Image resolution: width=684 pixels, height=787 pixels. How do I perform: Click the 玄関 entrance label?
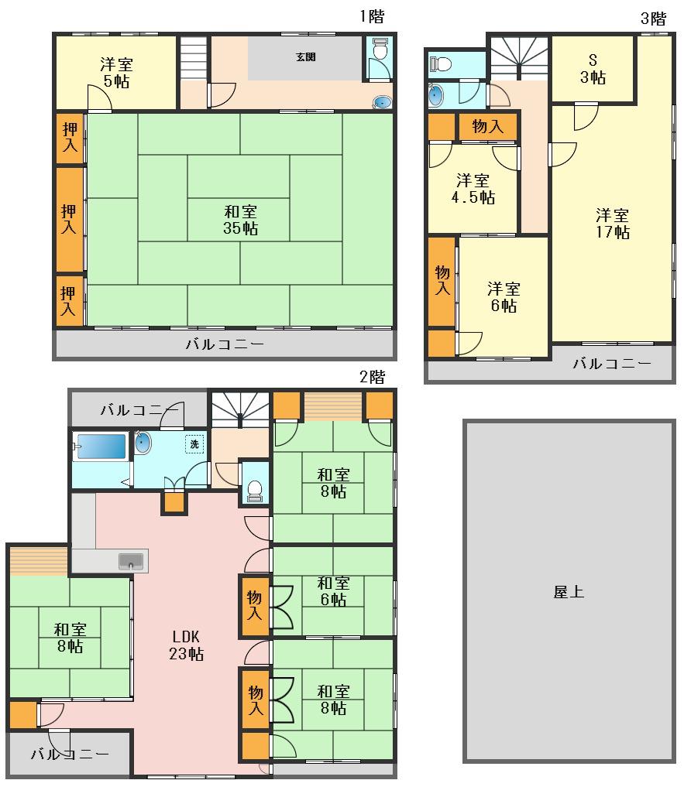305,56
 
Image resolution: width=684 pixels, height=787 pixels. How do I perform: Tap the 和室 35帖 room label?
240,220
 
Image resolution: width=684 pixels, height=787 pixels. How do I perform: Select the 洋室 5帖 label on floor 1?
116,73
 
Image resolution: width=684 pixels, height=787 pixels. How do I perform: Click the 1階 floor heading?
372,16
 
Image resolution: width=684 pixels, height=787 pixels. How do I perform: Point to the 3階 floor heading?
653,19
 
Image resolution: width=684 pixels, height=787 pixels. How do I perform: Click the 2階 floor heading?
373,376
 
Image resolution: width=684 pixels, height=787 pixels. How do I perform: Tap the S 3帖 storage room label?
593,69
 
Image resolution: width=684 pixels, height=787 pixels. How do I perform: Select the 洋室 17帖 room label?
613,224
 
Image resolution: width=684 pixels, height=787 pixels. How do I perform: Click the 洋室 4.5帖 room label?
473,189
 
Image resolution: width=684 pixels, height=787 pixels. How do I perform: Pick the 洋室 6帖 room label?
504,297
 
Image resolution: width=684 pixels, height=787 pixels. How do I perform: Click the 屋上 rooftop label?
569,592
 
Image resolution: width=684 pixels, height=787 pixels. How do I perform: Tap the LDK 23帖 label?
186,645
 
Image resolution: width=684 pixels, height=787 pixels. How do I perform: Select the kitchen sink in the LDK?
131,561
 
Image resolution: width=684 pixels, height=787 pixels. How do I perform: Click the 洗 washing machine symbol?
194,443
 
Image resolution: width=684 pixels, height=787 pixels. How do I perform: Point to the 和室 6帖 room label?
333,591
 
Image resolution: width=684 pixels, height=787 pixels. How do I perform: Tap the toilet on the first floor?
380,49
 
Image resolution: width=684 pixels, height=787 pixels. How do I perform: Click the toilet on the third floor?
441,63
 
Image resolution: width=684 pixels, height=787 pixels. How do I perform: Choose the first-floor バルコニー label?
225,344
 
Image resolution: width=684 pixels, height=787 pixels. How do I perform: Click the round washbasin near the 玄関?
382,102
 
